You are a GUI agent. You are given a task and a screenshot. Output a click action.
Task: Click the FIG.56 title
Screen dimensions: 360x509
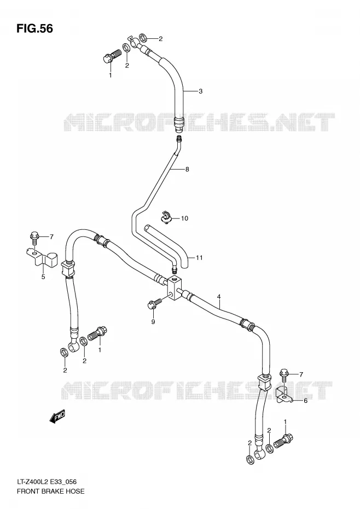tap(34, 28)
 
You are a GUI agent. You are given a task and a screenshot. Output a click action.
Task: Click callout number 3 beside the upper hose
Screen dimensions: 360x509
tap(201, 91)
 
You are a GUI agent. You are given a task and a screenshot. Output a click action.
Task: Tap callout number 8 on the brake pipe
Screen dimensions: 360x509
tap(187, 169)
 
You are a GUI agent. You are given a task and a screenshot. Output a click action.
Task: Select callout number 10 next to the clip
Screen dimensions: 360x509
tap(184, 218)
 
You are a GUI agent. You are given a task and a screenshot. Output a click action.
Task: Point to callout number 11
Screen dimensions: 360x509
tap(199, 258)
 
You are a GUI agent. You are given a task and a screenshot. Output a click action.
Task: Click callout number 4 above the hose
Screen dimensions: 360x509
tap(219, 297)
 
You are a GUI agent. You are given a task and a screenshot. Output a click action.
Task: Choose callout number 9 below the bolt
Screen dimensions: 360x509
tap(153, 322)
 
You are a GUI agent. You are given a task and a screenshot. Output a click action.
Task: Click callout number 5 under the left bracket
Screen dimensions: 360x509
tap(43, 277)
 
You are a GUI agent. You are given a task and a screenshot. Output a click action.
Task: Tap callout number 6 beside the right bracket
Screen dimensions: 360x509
tap(305, 401)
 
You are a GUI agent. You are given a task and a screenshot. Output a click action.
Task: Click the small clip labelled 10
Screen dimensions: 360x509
tap(166, 217)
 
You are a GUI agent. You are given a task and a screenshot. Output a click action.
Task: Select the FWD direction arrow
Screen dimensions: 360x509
tap(57, 417)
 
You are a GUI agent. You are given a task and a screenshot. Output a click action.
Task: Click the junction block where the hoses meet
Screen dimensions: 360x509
tap(175, 287)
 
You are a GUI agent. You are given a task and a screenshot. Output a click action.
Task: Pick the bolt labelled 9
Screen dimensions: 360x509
tap(154, 303)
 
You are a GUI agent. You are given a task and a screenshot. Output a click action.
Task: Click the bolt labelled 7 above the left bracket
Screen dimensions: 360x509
tap(34, 238)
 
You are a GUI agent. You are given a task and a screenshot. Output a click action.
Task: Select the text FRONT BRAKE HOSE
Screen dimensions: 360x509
tap(50, 491)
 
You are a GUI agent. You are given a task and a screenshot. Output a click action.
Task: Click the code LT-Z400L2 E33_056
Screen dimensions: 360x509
tap(47, 482)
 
